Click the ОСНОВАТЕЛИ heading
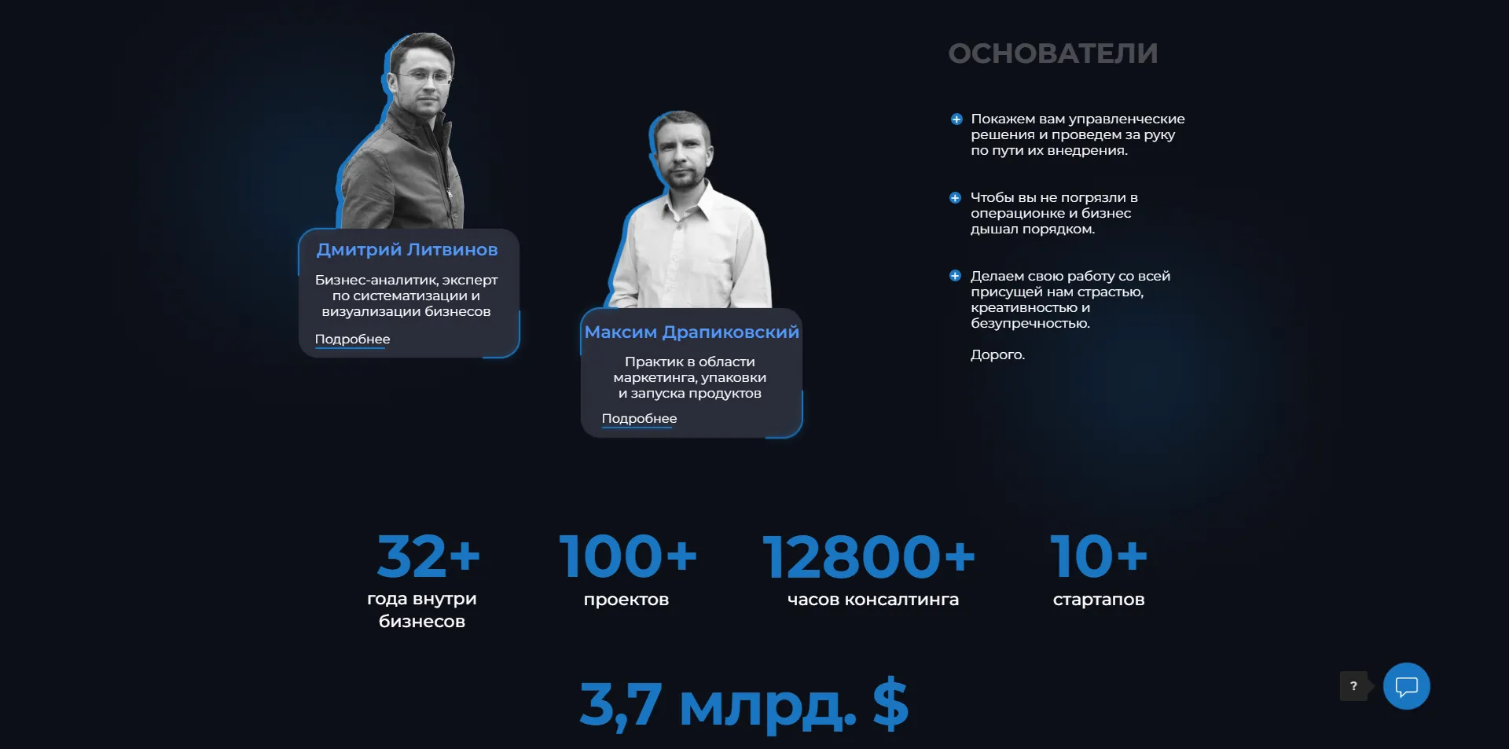tap(1052, 53)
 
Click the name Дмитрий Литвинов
tap(407, 250)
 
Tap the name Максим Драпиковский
tap(692, 332)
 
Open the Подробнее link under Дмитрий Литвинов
tap(352, 340)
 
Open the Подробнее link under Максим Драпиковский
tap(639, 419)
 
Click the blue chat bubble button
tap(1406, 686)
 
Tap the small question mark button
tap(1353, 686)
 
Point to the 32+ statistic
tap(428, 556)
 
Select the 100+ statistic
tap(627, 556)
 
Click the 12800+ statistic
tap(868, 556)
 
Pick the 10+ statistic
tap(1099, 556)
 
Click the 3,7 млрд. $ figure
tap(743, 704)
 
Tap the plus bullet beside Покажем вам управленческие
tap(956, 119)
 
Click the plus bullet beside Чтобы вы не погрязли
tap(955, 198)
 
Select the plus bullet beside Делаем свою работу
tap(955, 276)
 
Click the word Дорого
tap(997, 355)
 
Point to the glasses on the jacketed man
tap(425, 78)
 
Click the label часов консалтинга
tap(873, 600)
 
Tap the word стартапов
tap(1099, 600)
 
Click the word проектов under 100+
tap(626, 600)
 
